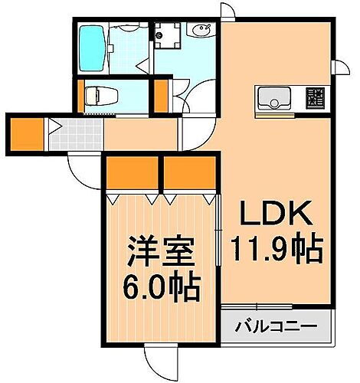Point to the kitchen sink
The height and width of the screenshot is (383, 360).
pyautogui.click(x=273, y=97)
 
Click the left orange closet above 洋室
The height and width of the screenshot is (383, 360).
pyautogui.click(x=133, y=174)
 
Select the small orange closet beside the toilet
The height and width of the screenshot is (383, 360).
pyautogui.click(x=161, y=96)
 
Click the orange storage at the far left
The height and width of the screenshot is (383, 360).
pyautogui.click(x=28, y=133)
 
